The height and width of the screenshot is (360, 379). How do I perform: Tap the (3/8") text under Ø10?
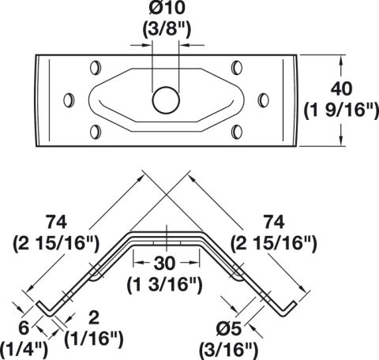click(x=167, y=29)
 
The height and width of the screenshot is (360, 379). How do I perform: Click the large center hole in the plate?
click(x=166, y=100)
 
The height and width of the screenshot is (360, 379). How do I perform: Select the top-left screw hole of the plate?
click(x=96, y=68)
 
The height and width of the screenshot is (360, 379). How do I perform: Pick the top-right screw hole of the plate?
click(x=237, y=68)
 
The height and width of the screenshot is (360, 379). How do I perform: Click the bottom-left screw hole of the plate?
click(x=96, y=132)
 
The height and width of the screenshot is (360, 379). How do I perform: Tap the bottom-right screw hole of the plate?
click(x=237, y=132)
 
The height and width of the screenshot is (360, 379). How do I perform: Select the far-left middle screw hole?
click(x=69, y=100)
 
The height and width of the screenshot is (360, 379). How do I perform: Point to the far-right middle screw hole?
click(x=263, y=100)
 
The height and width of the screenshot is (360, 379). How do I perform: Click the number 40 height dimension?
click(x=341, y=89)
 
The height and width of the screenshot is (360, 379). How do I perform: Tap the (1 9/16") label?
click(x=341, y=111)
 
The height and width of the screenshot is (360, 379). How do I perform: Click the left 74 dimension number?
click(x=56, y=223)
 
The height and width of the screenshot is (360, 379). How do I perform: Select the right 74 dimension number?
click(x=274, y=223)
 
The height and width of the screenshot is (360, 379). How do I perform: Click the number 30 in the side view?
click(x=164, y=263)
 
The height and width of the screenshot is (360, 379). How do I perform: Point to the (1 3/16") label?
click(x=164, y=285)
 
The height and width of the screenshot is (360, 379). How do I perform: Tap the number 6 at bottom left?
click(x=24, y=328)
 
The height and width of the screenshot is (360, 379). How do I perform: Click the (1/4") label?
click(x=24, y=349)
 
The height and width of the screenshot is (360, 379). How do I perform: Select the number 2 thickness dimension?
click(x=94, y=317)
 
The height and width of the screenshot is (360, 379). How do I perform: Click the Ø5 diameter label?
click(x=228, y=329)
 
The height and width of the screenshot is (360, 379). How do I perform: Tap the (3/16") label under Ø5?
click(x=228, y=350)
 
